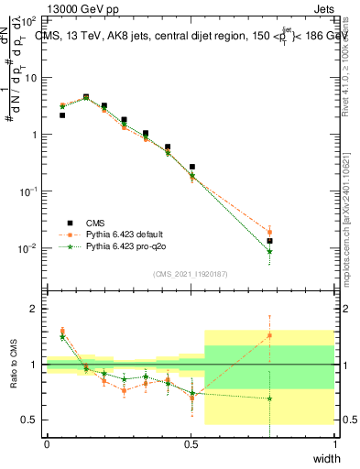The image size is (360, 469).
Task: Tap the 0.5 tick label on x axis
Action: tap(191, 444)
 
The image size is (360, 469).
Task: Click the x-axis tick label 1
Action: tap(335, 444)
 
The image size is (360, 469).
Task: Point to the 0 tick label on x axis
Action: tap(47, 444)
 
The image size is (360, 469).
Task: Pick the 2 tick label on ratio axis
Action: tap(35, 309)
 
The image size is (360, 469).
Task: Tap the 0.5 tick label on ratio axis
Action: tap(31, 420)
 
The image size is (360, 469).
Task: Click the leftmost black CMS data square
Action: tap(61, 115)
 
